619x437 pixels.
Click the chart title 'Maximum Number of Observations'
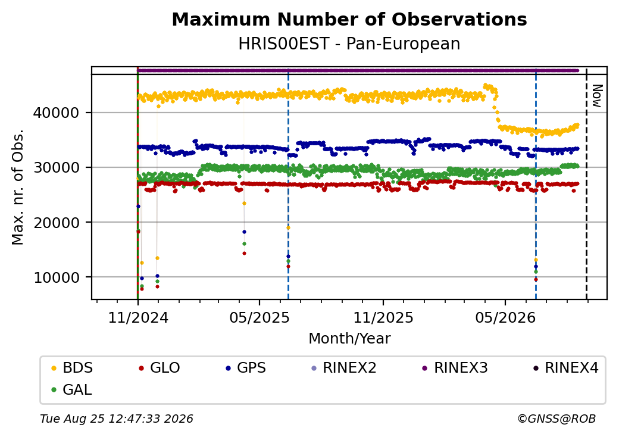pos(349,19)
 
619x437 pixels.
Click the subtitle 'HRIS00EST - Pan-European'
pos(349,44)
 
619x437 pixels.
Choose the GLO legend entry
pos(160,368)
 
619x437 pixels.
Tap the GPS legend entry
pos(246,368)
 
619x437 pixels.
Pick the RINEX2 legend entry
pos(344,368)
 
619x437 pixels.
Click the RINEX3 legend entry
pos(455,368)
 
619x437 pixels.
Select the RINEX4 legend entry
pos(566,368)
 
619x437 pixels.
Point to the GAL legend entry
pos(72,389)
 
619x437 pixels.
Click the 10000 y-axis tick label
pos(56,277)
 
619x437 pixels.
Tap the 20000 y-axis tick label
pos(56,223)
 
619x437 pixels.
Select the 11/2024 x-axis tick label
pos(138,318)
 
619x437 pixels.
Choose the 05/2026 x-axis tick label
pos(505,318)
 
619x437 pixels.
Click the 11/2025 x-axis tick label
pos(383,318)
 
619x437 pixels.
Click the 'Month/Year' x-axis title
pos(349,339)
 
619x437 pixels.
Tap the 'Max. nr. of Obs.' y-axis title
pos(18,187)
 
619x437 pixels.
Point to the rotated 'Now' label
pos(597,96)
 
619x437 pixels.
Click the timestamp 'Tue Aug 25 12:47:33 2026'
pos(117,419)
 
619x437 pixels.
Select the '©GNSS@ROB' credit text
pos(557,419)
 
